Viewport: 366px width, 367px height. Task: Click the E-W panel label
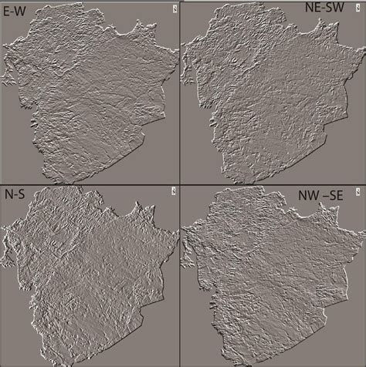coord(18,13)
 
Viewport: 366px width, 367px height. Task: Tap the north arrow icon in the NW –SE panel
coord(358,190)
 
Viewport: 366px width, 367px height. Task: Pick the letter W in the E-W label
coord(25,13)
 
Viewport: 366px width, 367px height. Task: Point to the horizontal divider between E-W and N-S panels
coord(90,183)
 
